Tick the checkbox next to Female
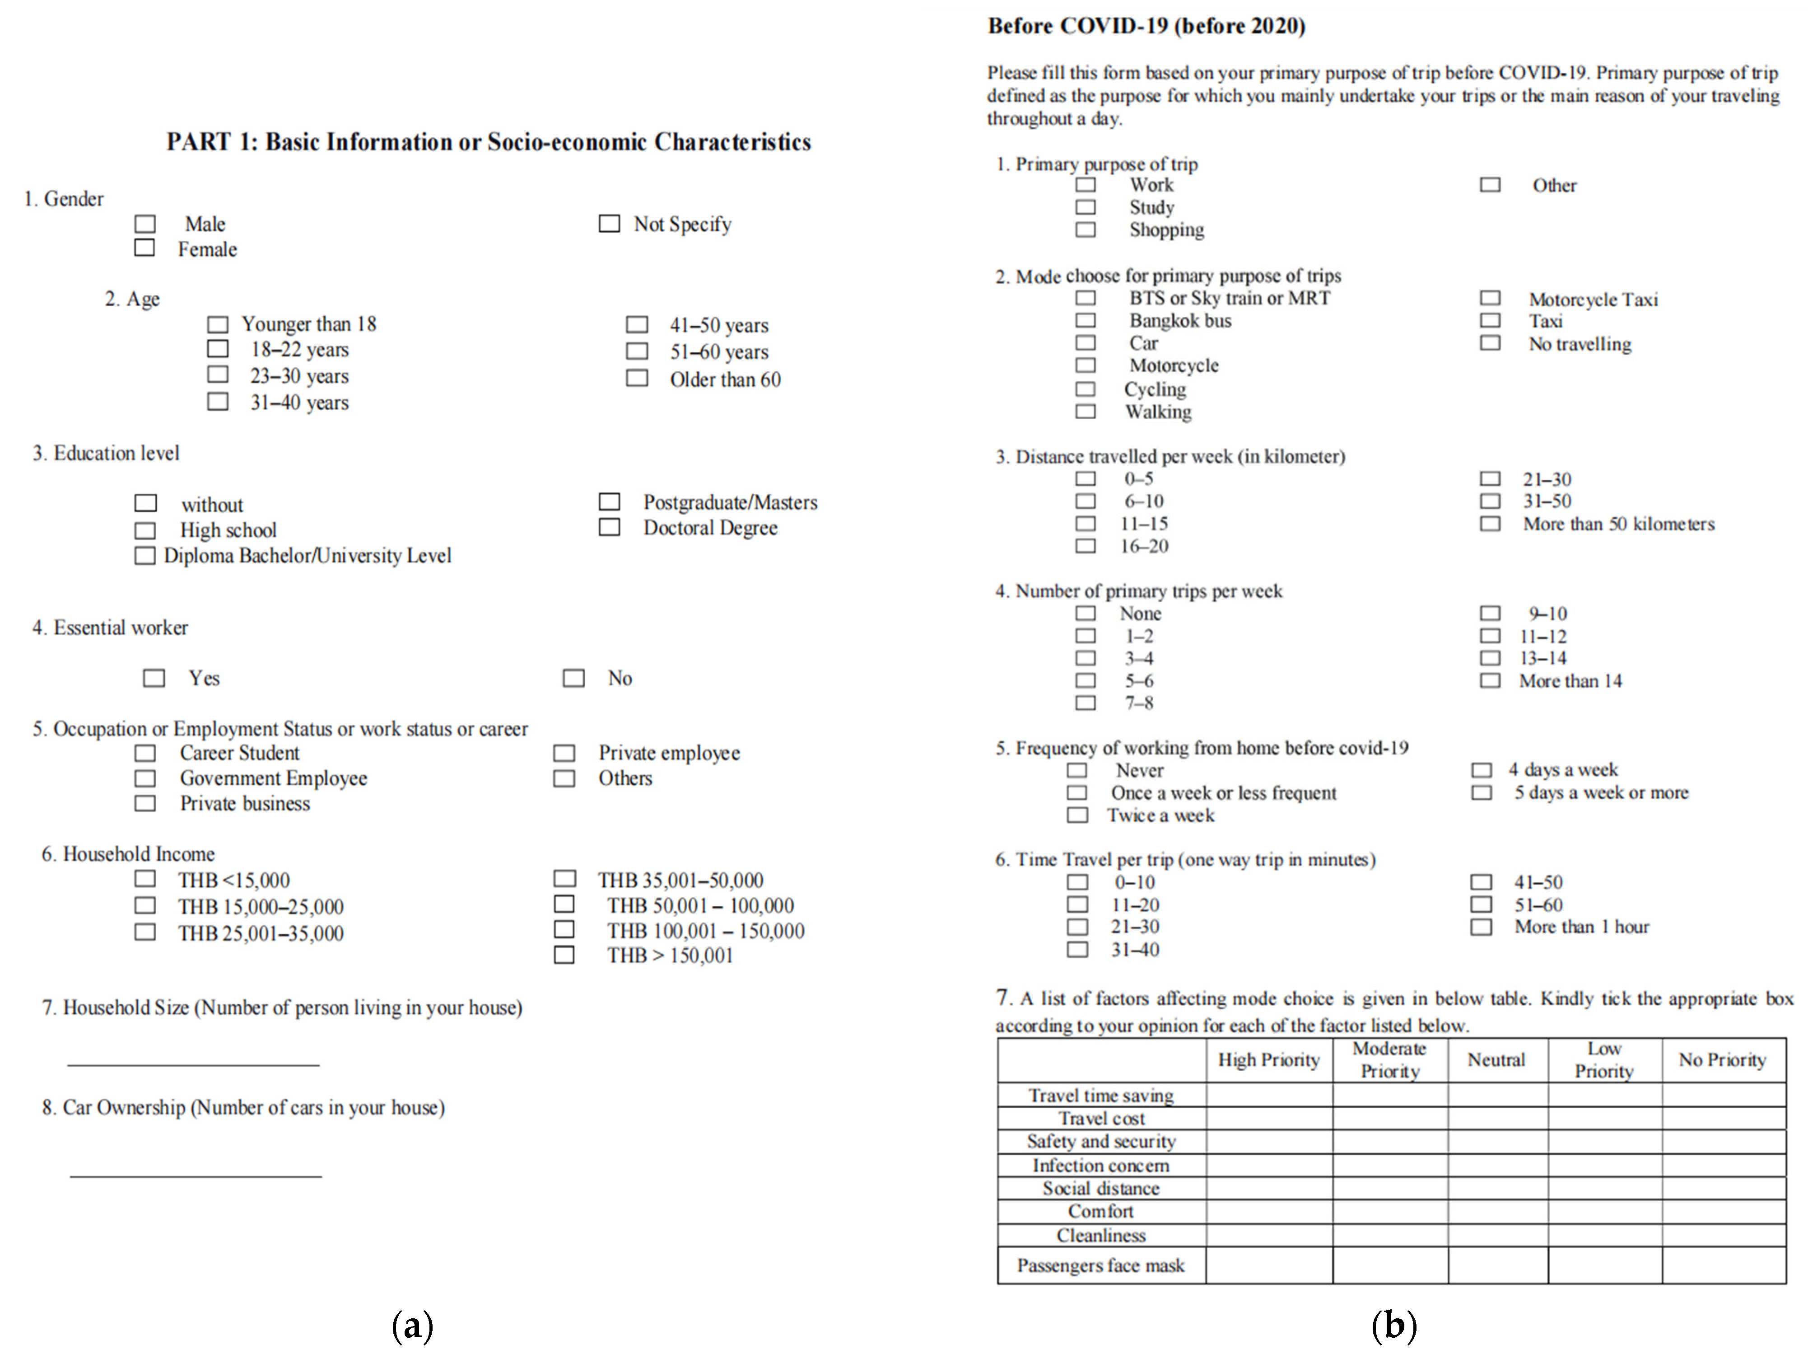point(144,248)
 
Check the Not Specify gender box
point(609,223)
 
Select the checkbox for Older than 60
point(637,379)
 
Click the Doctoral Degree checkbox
point(609,527)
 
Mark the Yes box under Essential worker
point(154,678)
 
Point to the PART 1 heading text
point(488,142)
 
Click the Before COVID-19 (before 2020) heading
point(1146,26)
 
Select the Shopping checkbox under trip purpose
point(1086,230)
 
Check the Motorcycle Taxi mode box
point(1490,299)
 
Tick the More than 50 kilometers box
point(1490,523)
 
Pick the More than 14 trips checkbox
point(1490,680)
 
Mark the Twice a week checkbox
point(1077,815)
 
